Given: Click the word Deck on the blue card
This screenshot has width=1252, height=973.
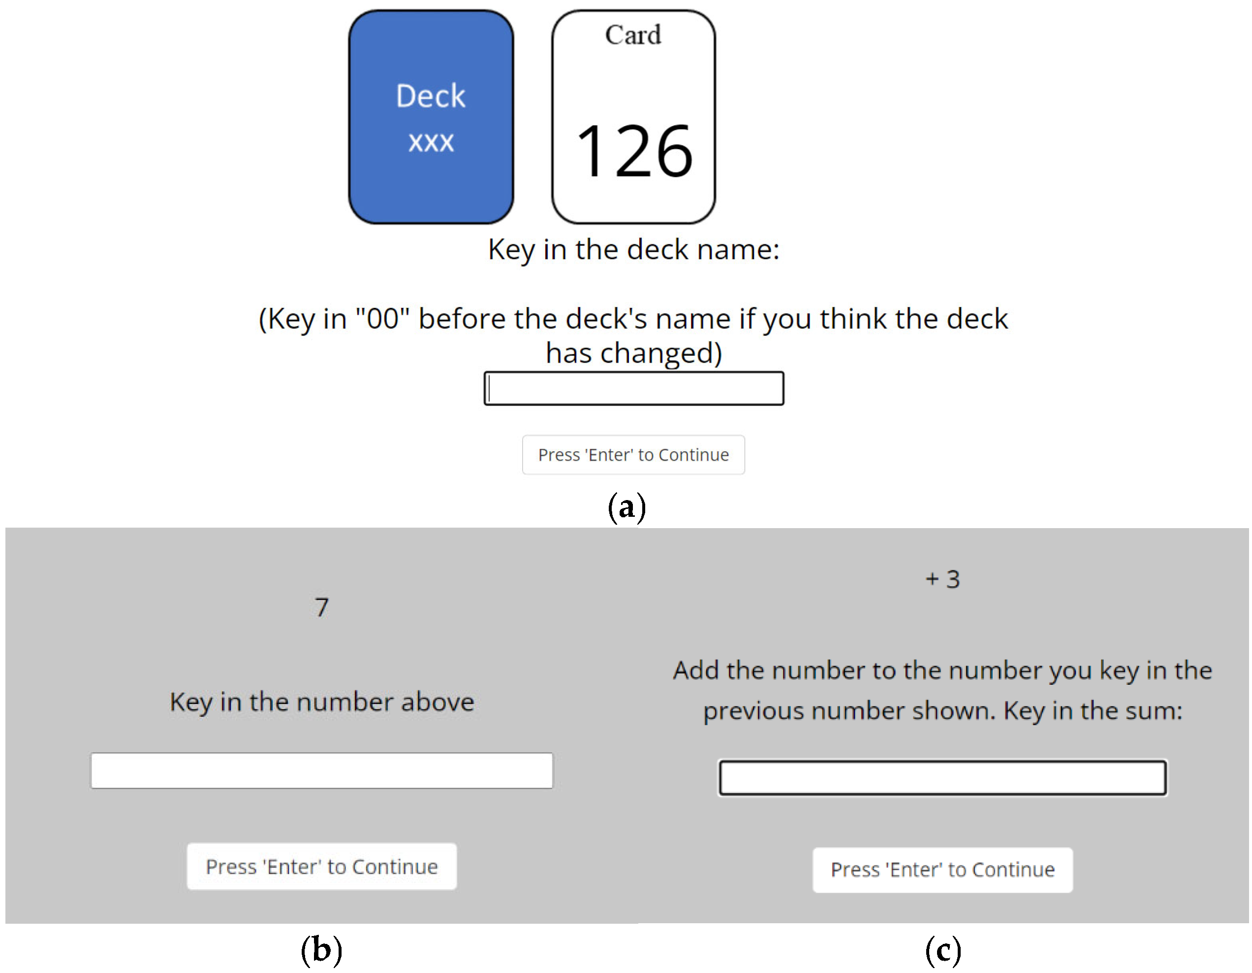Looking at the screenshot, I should click(x=431, y=96).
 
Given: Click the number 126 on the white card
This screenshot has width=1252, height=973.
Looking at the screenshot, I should click(x=634, y=151).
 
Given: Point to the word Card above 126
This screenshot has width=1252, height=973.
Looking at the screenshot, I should click(x=633, y=35).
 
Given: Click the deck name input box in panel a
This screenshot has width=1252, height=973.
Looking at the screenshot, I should click(x=633, y=388).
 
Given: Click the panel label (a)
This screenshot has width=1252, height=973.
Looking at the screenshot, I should click(x=626, y=507).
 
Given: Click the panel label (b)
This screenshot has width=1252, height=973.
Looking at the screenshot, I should click(x=321, y=949).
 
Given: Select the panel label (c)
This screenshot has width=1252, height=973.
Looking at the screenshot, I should click(x=943, y=949).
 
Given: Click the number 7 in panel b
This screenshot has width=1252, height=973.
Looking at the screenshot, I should click(x=321, y=607).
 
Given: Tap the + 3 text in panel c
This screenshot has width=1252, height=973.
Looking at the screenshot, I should click(x=943, y=579).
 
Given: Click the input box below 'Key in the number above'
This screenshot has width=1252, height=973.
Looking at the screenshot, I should click(x=321, y=771).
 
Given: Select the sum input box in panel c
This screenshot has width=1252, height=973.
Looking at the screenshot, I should click(x=943, y=777).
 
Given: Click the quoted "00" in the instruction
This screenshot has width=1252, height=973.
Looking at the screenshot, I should click(x=382, y=318).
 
